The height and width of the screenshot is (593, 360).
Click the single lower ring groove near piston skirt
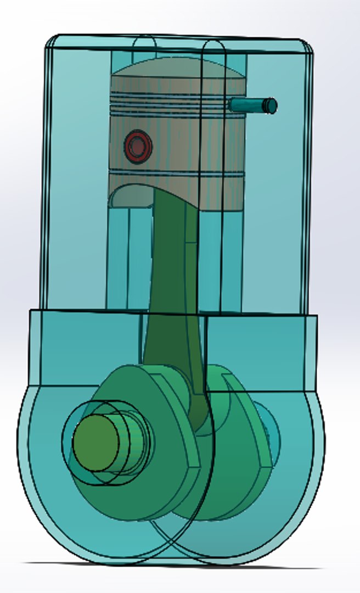coord(176,175)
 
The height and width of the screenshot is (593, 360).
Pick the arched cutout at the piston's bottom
coord(132,196)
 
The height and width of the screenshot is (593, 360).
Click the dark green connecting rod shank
coord(167,286)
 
